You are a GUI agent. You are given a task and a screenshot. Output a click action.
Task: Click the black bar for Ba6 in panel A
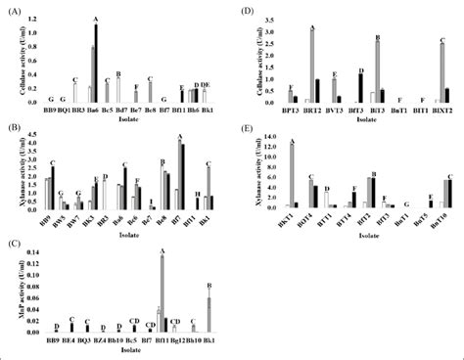click(x=96, y=64)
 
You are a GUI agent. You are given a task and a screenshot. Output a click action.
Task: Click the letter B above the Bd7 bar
click(x=117, y=74)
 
